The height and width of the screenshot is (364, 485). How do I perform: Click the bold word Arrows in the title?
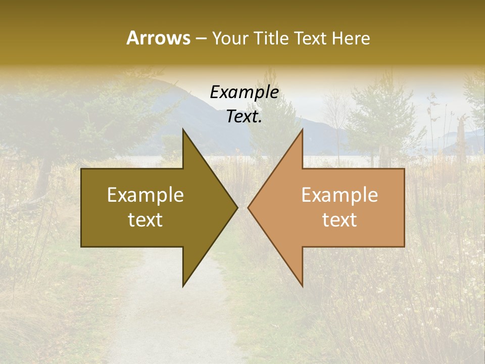point(158,38)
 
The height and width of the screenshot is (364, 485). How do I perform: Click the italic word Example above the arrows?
point(245,93)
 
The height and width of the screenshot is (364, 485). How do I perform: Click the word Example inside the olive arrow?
point(145,195)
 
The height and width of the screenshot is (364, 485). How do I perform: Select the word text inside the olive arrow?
point(145,220)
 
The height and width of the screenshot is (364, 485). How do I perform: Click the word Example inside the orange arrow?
point(339,195)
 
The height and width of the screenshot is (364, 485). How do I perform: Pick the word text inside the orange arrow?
point(339,220)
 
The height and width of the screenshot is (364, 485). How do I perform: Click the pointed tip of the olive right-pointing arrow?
point(237,207)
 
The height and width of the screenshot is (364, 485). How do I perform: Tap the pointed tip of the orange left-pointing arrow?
point(248,207)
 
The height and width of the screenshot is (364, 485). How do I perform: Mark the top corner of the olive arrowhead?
point(183,129)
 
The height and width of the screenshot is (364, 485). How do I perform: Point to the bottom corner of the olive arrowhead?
point(183,286)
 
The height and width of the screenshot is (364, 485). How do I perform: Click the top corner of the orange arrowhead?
point(302,129)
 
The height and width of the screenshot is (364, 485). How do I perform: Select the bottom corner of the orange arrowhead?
point(302,286)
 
